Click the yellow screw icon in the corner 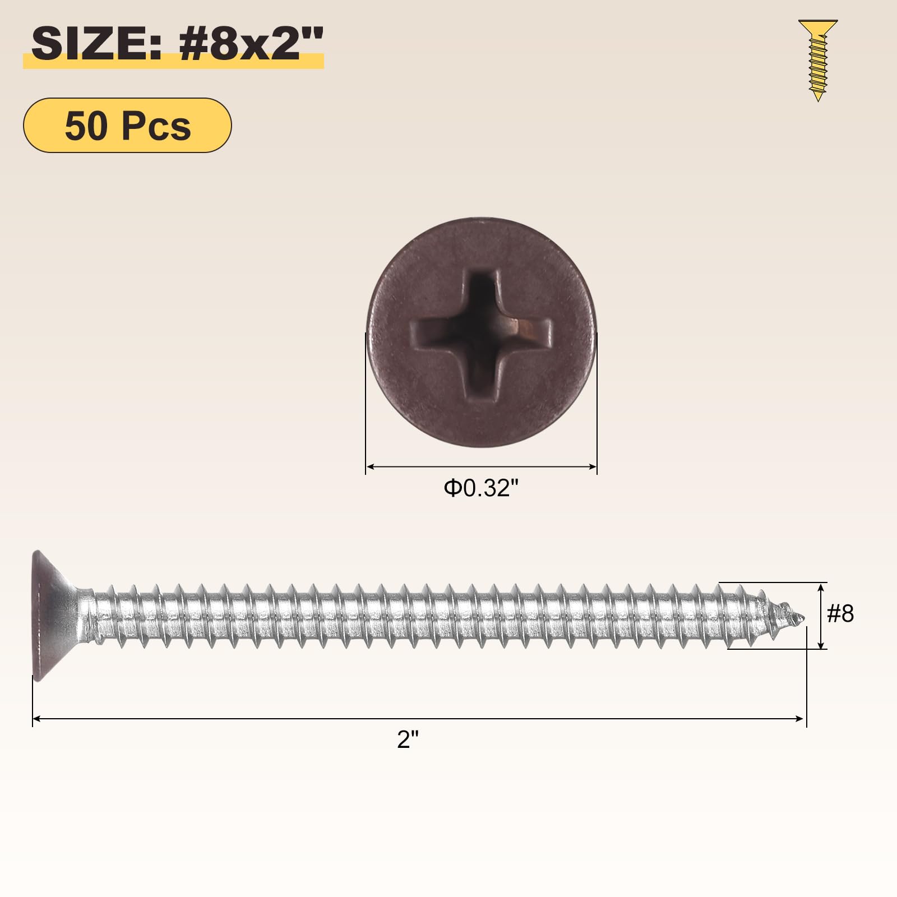click(818, 61)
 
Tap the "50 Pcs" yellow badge click(127, 125)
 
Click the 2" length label click(408, 739)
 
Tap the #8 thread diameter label click(840, 614)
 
